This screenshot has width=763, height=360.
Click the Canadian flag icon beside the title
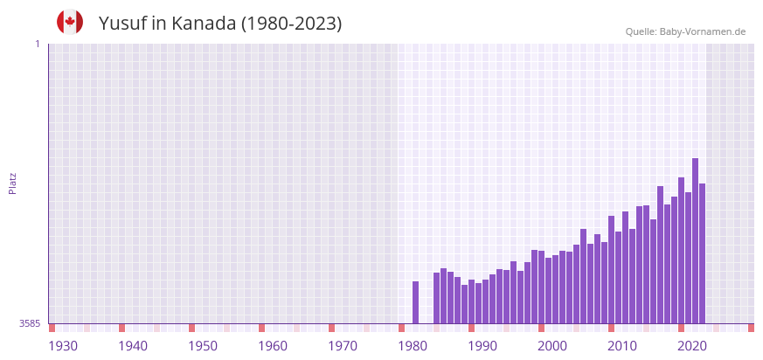pyautogui.click(x=70, y=22)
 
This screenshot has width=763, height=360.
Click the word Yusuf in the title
pyautogui.click(x=122, y=24)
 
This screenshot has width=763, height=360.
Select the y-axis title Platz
pyautogui.click(x=12, y=183)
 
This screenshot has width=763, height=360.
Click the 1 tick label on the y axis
pyautogui.click(x=37, y=44)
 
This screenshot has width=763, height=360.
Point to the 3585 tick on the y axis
pyautogui.click(x=30, y=323)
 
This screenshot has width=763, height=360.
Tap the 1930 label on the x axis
pyautogui.click(x=63, y=346)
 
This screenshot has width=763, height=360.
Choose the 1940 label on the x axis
pyautogui.click(x=133, y=346)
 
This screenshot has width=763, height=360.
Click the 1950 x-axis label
pyautogui.click(x=203, y=346)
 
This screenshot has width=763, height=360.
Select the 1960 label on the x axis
pyautogui.click(x=273, y=346)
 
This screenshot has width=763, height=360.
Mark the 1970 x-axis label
pyautogui.click(x=343, y=346)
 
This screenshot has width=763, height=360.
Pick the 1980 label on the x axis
pyautogui.click(x=413, y=346)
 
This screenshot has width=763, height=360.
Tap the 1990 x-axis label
pyautogui.click(x=482, y=346)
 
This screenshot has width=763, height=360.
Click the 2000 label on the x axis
pyautogui.click(x=552, y=346)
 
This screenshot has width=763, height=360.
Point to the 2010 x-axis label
pyautogui.click(x=622, y=346)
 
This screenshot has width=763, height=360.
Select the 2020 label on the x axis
pyautogui.click(x=692, y=346)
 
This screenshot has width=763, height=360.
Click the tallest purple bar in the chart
pyautogui.click(x=695, y=240)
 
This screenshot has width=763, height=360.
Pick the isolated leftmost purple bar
pyautogui.click(x=415, y=302)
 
